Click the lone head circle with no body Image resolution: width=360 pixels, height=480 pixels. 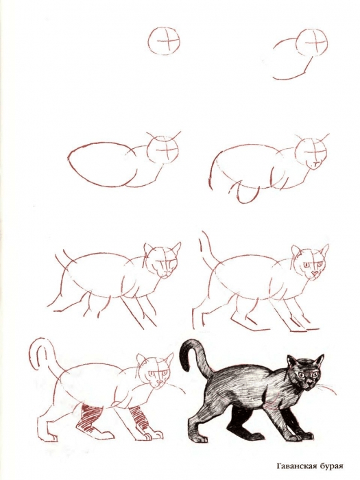[166, 42]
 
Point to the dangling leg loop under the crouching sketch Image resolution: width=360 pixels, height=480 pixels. [245, 193]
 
